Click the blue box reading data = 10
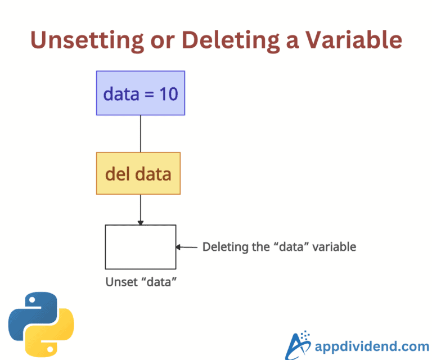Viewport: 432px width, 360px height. click(140, 93)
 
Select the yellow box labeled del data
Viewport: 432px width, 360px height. click(138, 173)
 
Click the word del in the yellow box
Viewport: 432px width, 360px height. click(116, 173)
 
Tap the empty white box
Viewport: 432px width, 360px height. click(140, 247)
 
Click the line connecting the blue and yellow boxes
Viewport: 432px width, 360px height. click(140, 134)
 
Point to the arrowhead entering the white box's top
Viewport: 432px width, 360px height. click(140, 222)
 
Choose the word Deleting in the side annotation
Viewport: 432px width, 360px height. click(220, 247)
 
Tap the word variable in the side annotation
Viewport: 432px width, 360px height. click(337, 247)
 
